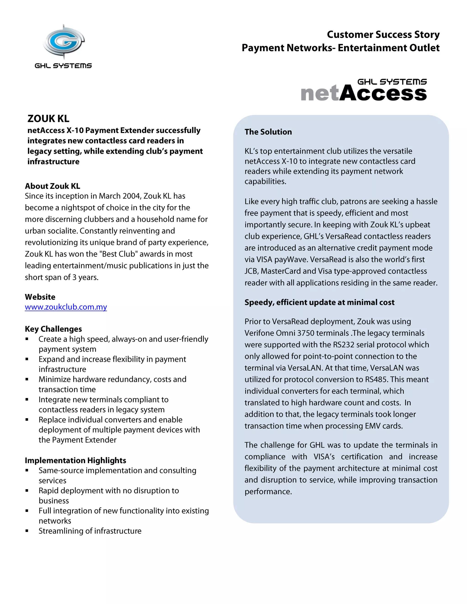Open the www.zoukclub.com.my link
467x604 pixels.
click(66, 307)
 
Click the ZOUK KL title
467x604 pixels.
click(48, 119)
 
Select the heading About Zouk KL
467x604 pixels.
click(53, 186)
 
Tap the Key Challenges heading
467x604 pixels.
click(53, 329)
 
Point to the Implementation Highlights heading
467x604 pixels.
click(75, 460)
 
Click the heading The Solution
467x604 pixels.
click(268, 132)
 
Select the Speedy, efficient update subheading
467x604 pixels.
click(319, 302)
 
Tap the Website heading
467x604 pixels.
click(40, 297)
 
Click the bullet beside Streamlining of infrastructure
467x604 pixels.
click(27, 531)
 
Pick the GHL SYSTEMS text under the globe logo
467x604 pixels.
click(63, 66)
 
